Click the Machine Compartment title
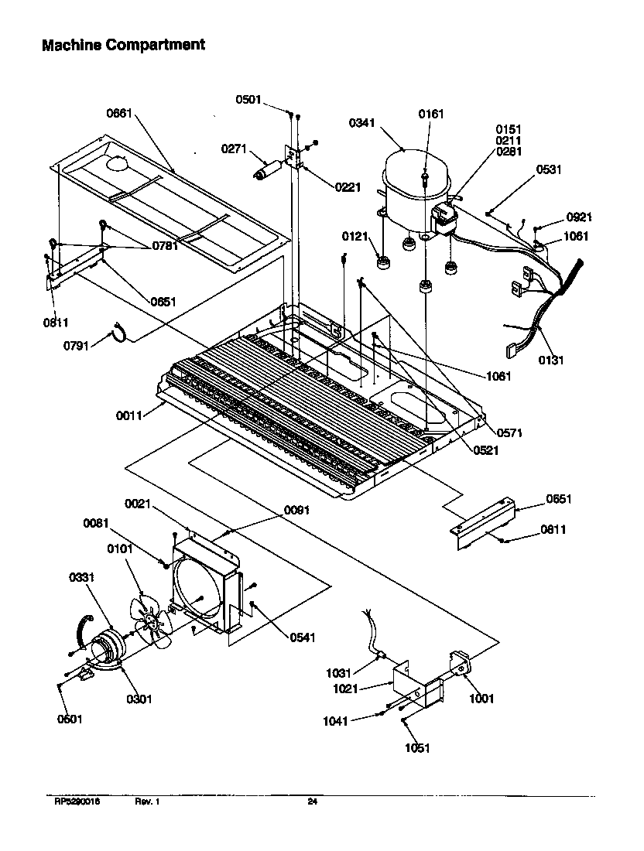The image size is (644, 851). [x=123, y=45]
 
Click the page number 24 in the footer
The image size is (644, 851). [x=312, y=801]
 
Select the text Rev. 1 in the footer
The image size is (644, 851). [x=147, y=801]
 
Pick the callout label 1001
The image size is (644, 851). [x=481, y=699]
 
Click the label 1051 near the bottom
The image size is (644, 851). [x=416, y=747]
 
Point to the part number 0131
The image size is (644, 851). [x=552, y=360]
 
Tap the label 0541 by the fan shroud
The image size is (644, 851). [x=303, y=637]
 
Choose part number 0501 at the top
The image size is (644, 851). [x=251, y=98]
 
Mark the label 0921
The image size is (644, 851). [x=579, y=217]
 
